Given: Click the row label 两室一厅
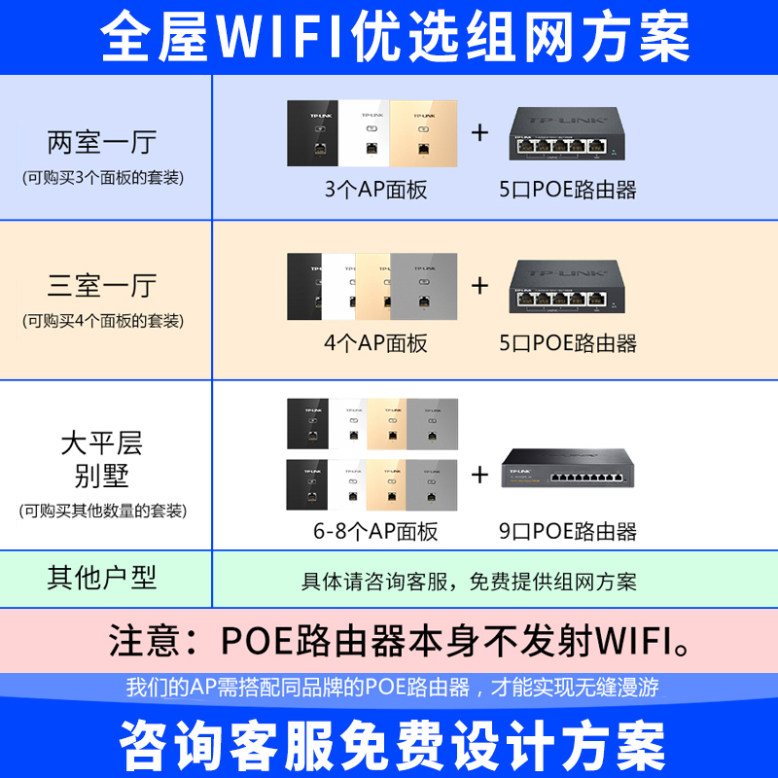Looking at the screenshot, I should (101, 143).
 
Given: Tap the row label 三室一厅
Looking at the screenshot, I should (101, 287).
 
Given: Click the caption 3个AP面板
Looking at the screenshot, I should (375, 190).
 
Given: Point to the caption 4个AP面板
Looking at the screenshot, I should (375, 342).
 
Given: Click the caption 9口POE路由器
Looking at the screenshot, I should (568, 531).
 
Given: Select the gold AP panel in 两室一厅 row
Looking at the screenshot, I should (424, 133).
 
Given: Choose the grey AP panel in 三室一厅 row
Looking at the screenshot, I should (424, 287).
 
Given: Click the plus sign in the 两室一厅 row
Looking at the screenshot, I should (479, 133).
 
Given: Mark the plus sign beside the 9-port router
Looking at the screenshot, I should (479, 475).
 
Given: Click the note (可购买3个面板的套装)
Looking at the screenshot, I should (102, 178).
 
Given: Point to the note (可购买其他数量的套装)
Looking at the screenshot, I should (102, 511).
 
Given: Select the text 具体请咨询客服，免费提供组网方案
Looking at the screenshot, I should (469, 582).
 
